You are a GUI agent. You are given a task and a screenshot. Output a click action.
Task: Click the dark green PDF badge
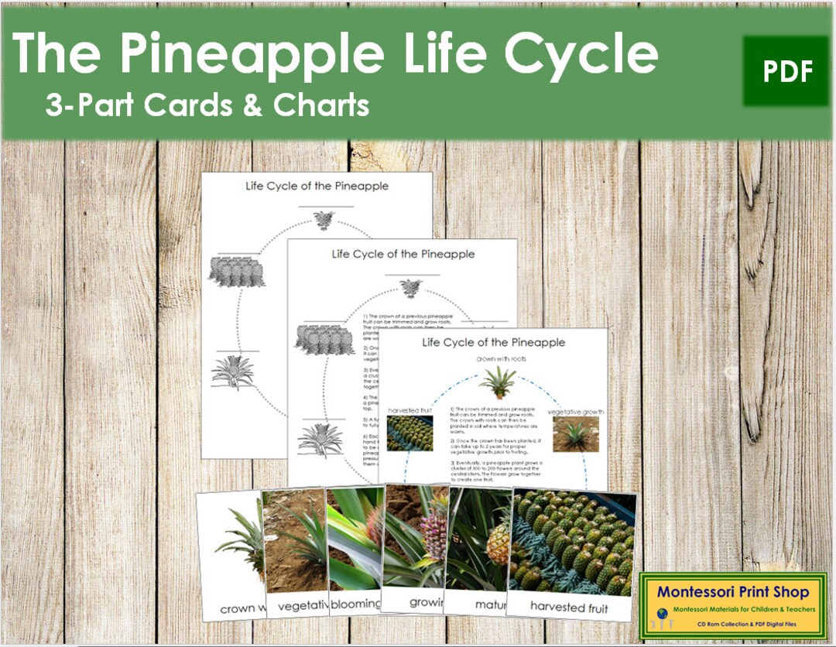tap(785, 71)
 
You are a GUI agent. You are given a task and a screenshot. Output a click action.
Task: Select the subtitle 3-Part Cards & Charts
tap(207, 105)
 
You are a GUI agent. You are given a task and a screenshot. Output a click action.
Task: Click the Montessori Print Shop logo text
tap(732, 593)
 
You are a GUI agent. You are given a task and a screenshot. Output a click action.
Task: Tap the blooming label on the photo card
tap(355, 604)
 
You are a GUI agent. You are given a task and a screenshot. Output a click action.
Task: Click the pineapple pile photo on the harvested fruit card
tap(572, 542)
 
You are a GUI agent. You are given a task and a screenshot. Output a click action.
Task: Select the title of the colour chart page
tap(493, 342)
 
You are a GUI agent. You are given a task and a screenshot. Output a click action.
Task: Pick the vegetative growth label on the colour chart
tap(575, 412)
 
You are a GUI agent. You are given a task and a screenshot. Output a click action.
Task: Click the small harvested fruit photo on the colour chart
tap(409, 433)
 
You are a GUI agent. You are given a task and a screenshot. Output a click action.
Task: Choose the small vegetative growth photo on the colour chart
tap(575, 434)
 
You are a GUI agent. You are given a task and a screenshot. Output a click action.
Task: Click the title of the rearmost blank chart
tap(317, 186)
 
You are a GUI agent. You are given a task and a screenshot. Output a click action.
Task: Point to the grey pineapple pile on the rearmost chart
tap(236, 272)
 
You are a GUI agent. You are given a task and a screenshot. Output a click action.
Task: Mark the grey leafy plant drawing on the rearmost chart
tap(231, 372)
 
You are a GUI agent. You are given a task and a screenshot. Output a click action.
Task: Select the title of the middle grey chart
tap(403, 253)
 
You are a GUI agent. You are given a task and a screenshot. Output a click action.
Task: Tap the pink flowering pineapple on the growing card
tap(433, 534)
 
